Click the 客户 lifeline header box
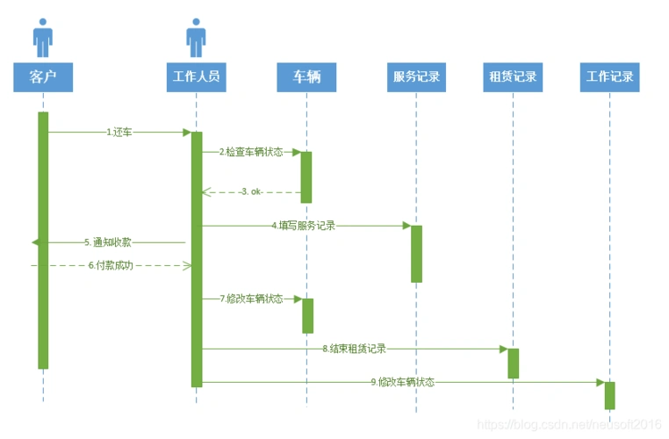pyautogui.click(x=42, y=77)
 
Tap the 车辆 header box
pyautogui.click(x=306, y=77)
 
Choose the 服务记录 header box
pyautogui.click(x=416, y=77)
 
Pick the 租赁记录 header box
pyautogui.click(x=513, y=77)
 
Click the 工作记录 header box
pyautogui.click(x=609, y=77)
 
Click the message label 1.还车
pyautogui.click(x=119, y=133)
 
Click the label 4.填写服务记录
pyautogui.click(x=303, y=226)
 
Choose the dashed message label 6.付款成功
pyautogui.click(x=110, y=265)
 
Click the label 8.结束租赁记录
pyautogui.click(x=354, y=349)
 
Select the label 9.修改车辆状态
pyautogui.click(x=402, y=383)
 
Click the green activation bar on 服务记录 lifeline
pyautogui.click(x=416, y=254)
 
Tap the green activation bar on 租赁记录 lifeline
pyautogui.click(x=513, y=363)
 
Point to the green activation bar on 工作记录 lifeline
pyautogui.click(x=609, y=395)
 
